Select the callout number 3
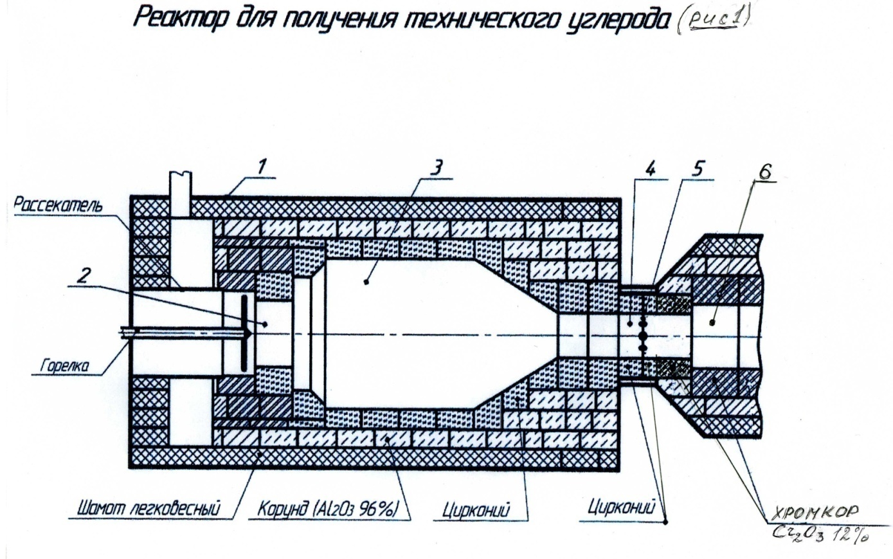point(436,167)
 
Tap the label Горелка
point(61,367)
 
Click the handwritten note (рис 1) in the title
point(714,22)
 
